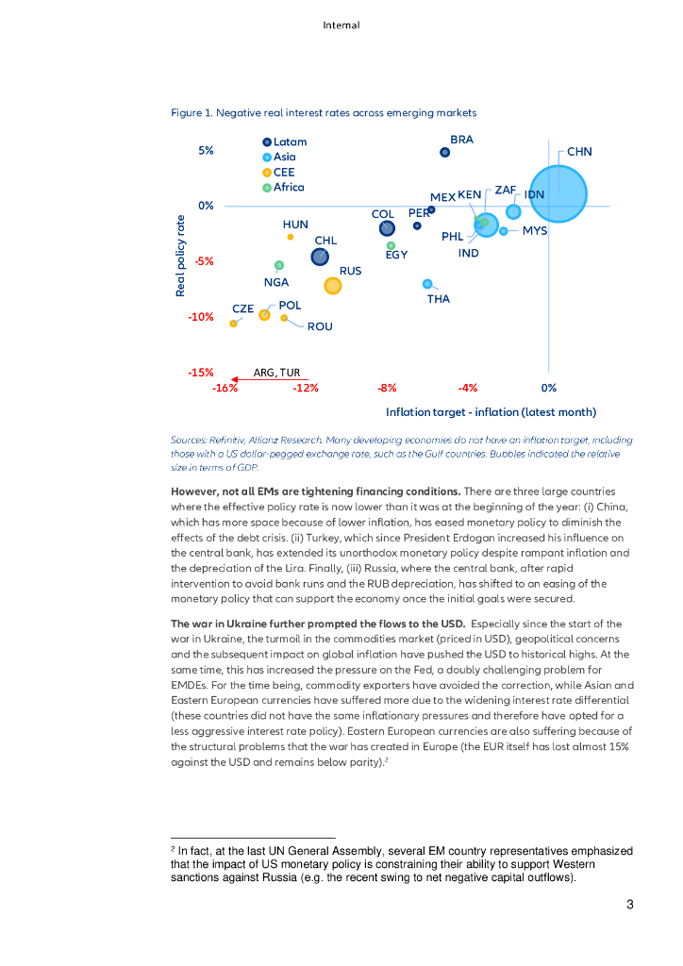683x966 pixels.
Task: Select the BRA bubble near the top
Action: click(x=445, y=152)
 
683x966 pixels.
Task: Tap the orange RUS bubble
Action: click(x=332, y=285)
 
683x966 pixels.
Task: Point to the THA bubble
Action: click(x=427, y=284)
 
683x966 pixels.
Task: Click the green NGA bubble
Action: click(x=278, y=265)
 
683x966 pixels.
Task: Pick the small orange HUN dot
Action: click(x=291, y=237)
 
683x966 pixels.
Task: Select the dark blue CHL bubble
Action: click(x=321, y=257)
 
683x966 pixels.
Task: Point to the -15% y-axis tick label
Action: click(x=200, y=373)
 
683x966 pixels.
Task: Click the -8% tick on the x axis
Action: click(x=387, y=388)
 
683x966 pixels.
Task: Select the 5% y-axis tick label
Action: click(x=206, y=150)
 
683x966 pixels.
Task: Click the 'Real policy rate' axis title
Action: click(x=180, y=256)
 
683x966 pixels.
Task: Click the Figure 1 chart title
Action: click(x=324, y=113)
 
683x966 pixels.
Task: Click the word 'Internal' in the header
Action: click(x=341, y=25)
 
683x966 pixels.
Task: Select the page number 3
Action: click(x=629, y=906)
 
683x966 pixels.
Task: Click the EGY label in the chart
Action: click(x=396, y=256)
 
